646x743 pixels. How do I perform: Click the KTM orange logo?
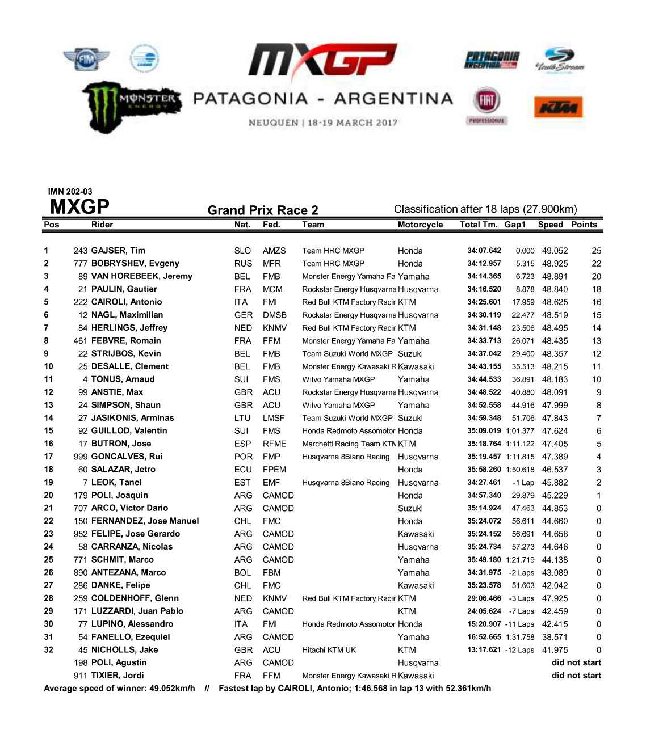point(559,107)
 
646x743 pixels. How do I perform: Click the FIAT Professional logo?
point(486,105)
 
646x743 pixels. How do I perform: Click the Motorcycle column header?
point(420,225)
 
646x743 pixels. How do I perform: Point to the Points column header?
point(584,225)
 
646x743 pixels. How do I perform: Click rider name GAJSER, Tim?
point(118,250)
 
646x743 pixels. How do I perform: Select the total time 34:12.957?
point(484,263)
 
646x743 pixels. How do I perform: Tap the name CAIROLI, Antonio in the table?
point(127,302)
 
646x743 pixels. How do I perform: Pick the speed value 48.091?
point(555,392)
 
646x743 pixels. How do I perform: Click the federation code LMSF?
point(274,418)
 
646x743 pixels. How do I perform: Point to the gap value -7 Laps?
point(520,611)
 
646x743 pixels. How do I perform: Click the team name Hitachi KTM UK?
point(329,650)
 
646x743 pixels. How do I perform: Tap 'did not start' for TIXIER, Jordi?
point(576,676)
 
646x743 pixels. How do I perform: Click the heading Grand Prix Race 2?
point(263,210)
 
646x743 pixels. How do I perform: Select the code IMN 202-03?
point(70,192)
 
